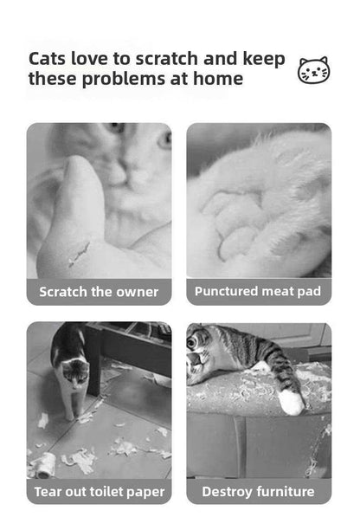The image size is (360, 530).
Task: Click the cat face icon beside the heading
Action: click(314, 70)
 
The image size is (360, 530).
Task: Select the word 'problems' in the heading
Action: click(124, 80)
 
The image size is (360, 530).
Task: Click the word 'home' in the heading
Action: click(218, 79)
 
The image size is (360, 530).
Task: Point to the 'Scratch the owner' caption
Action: click(99, 292)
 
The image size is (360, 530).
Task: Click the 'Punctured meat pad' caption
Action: click(258, 291)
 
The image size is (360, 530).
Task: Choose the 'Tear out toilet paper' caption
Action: click(100, 492)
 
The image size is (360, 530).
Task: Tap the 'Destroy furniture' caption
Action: click(258, 491)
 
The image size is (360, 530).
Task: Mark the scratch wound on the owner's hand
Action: click(80, 255)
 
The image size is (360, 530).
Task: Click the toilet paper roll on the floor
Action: click(43, 465)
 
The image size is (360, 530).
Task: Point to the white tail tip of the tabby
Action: click(291, 402)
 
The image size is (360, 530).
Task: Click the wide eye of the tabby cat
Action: click(192, 342)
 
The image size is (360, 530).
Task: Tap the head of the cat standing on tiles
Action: click(76, 373)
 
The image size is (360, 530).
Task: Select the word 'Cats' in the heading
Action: click(47, 59)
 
